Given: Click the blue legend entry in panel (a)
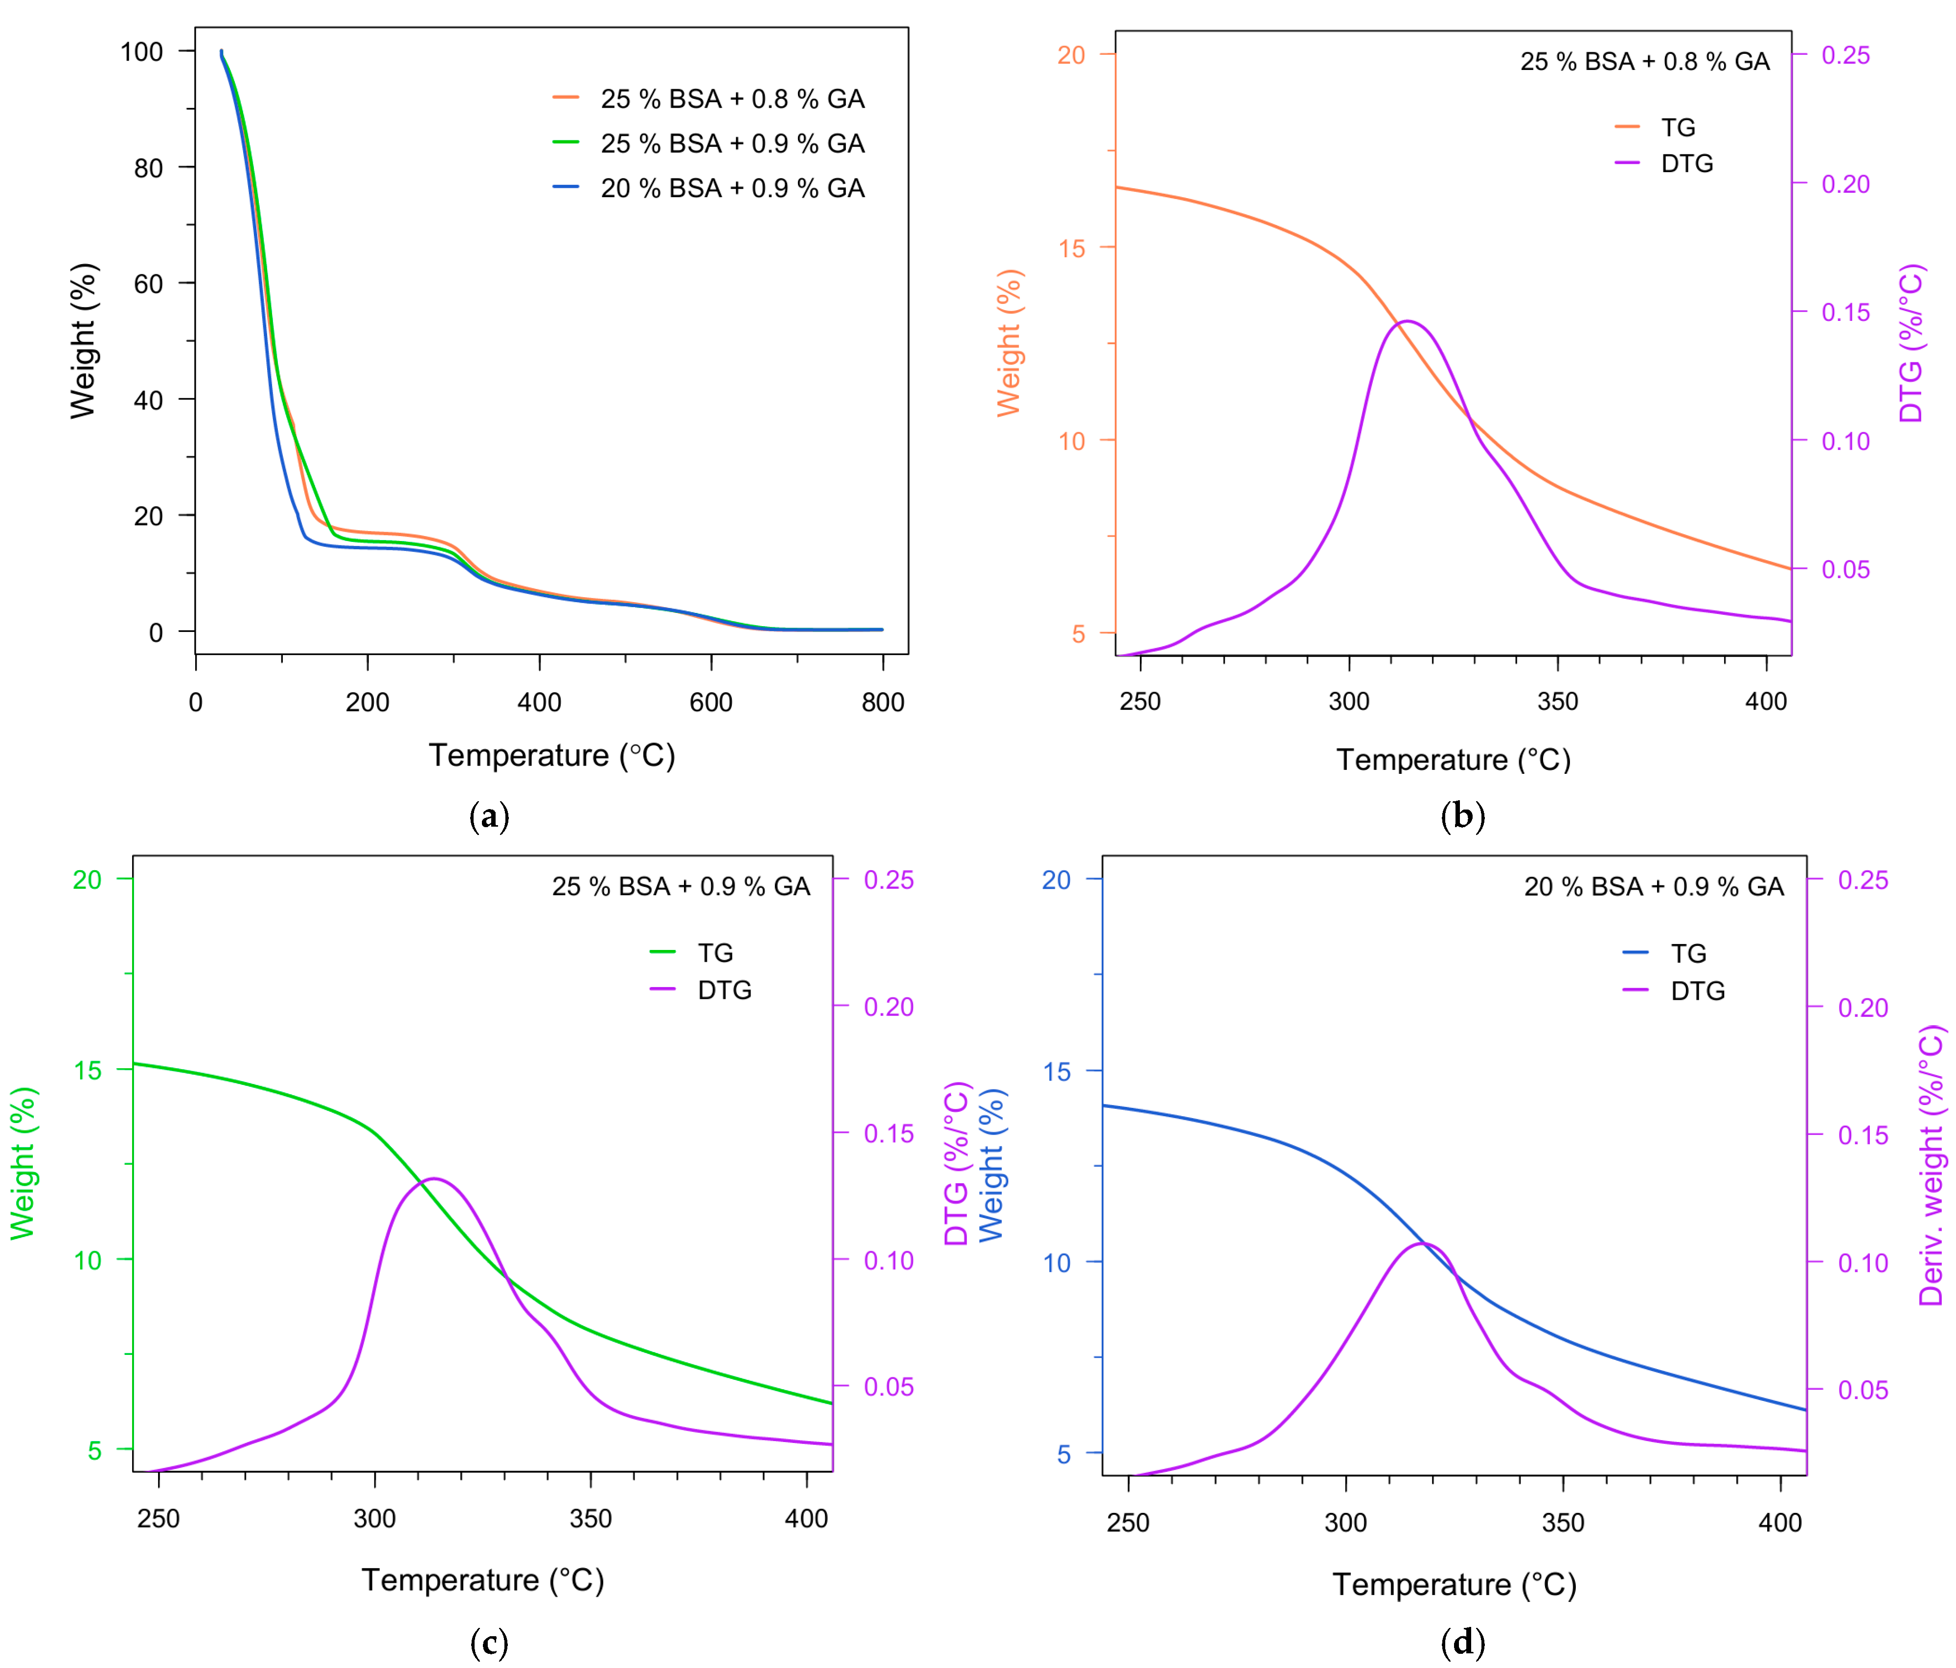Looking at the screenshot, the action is [708, 188].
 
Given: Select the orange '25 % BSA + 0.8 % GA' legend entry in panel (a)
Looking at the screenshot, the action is [708, 98].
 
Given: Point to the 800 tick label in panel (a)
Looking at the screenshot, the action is [883, 702].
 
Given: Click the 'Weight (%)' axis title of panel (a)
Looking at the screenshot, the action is [83, 341].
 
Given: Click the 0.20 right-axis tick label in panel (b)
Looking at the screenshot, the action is [1845, 184].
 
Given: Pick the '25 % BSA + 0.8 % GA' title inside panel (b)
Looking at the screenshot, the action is [1644, 61].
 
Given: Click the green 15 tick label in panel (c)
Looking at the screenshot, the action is [87, 1069].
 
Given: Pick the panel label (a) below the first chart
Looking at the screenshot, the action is [489, 816].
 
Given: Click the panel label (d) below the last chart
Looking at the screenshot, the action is [1462, 1644].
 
